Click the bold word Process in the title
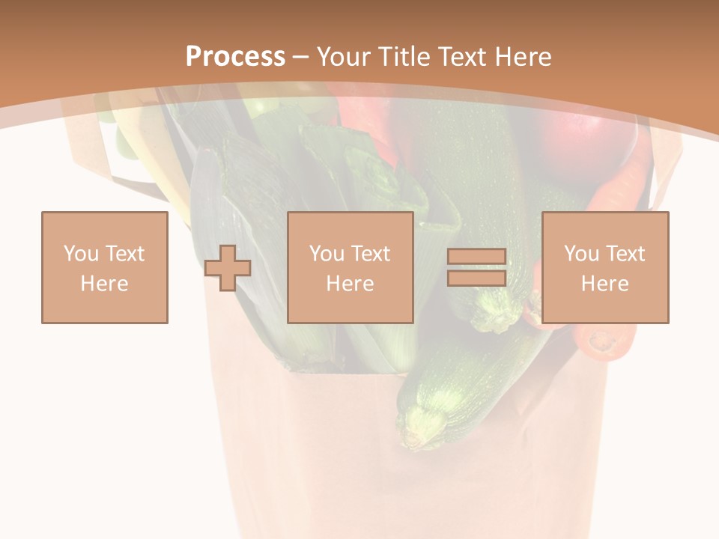pyautogui.click(x=235, y=56)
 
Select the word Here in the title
pyautogui.click(x=522, y=57)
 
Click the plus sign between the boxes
pyautogui.click(x=228, y=268)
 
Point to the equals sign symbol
pyautogui.click(x=476, y=267)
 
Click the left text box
pyautogui.click(x=105, y=267)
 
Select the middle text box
pyautogui.click(x=351, y=267)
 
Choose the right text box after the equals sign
pyautogui.click(x=605, y=267)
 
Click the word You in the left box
pyautogui.click(x=81, y=254)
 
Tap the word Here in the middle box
pyautogui.click(x=351, y=284)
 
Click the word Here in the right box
pyautogui.click(x=605, y=284)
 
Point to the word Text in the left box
pyautogui.click(x=124, y=254)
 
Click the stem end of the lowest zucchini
pyautogui.click(x=413, y=430)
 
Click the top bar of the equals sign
pyautogui.click(x=476, y=257)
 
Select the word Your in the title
pyautogui.click(x=345, y=57)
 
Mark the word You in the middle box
pyautogui.click(x=327, y=254)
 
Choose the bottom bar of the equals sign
pyautogui.click(x=476, y=278)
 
